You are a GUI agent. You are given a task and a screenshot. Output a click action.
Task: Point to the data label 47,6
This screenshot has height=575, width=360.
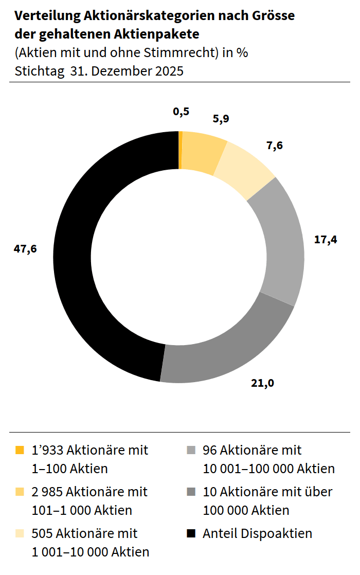26,249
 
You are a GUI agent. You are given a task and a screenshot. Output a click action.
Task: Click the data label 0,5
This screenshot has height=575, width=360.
181,111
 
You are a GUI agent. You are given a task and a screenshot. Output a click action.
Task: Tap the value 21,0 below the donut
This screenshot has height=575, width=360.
262,383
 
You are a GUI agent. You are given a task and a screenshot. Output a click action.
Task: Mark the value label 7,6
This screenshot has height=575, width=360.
275,146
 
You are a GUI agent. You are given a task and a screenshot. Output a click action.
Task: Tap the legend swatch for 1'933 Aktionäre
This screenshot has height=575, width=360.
20,451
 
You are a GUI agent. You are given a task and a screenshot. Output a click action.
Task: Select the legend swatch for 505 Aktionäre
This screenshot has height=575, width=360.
20,534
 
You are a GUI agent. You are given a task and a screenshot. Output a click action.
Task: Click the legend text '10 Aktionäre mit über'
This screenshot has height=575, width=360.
267,492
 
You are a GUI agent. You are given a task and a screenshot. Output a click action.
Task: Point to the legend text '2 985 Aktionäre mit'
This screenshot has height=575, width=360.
89,492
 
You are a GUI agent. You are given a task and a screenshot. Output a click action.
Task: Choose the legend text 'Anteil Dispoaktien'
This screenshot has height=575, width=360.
257,533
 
